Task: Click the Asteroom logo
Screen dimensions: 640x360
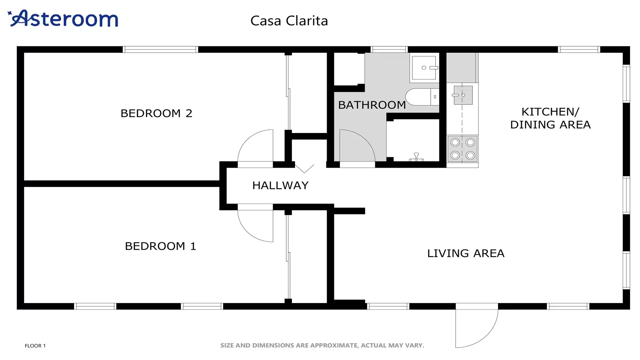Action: click(63, 18)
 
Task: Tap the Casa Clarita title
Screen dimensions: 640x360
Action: click(289, 21)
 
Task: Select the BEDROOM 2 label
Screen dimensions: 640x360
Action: click(156, 113)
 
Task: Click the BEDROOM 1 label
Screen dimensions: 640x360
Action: click(160, 246)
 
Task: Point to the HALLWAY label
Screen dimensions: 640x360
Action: click(280, 185)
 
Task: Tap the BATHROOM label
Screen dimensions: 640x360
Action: click(372, 105)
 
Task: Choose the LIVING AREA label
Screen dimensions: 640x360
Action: click(466, 253)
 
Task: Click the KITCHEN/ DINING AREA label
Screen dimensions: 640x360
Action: click(550, 118)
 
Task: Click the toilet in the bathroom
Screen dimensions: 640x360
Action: click(422, 97)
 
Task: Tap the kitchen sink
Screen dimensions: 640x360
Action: click(463, 95)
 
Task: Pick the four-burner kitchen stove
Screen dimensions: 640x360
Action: click(463, 149)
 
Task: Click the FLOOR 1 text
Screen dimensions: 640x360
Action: click(35, 346)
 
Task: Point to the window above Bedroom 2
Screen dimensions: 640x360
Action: click(160, 50)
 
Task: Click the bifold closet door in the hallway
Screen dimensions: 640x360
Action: click(304, 168)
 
